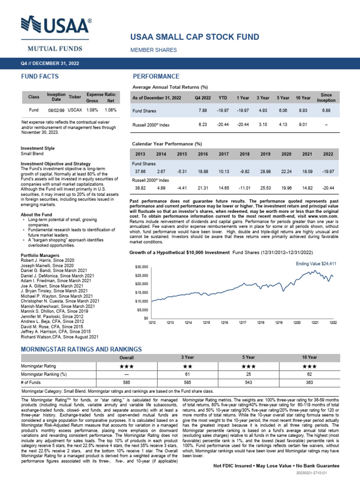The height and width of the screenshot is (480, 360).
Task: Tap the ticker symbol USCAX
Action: click(75, 110)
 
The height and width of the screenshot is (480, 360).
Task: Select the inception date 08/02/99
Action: click(56, 110)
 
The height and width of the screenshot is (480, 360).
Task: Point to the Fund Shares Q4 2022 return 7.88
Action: click(202, 111)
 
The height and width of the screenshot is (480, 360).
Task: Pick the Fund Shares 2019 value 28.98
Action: click(265, 171)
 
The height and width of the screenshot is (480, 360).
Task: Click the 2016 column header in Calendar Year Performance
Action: click(203, 154)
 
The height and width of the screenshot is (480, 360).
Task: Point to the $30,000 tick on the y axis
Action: click(142, 266)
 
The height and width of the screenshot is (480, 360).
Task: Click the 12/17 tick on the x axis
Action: click(242, 322)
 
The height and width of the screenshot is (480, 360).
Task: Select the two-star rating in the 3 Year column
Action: click(187, 366)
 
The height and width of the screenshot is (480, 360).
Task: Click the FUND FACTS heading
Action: click(39, 76)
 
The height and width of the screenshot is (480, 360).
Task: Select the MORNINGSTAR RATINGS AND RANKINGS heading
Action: click(82, 349)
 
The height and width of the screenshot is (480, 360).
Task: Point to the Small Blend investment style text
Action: click(31, 153)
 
